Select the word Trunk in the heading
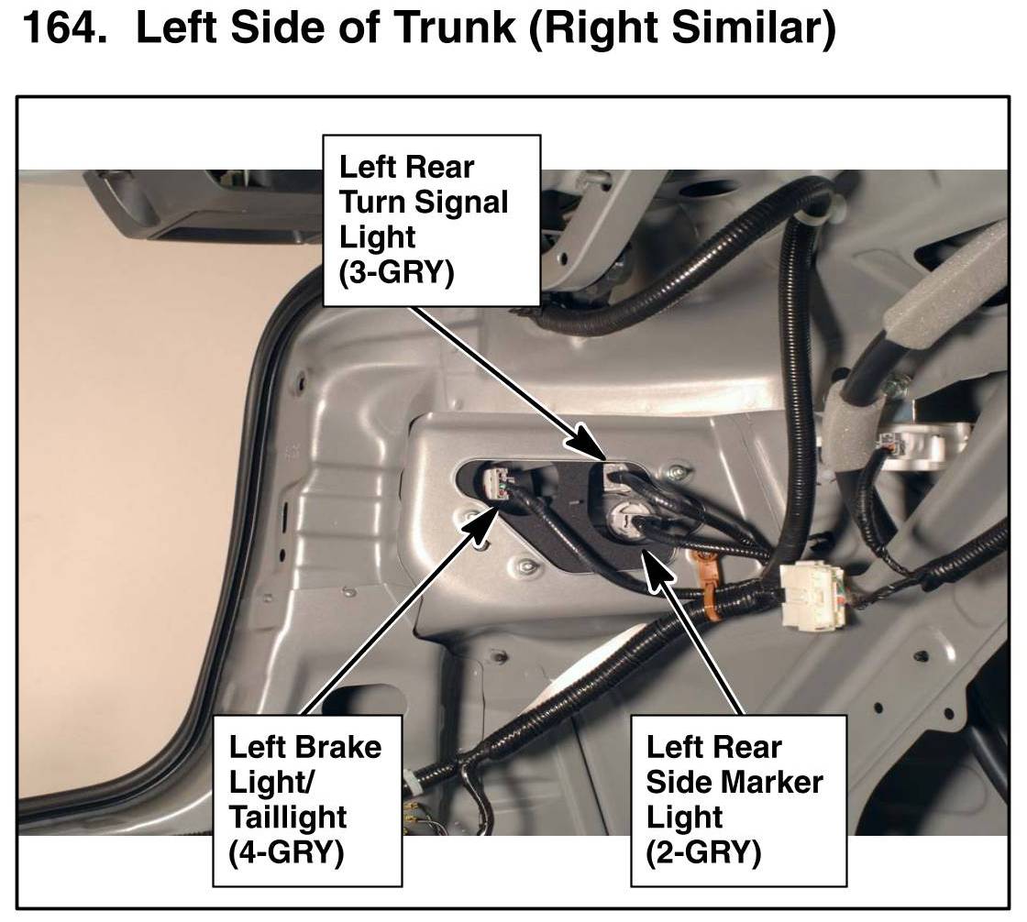coord(456,27)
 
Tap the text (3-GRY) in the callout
coord(396,272)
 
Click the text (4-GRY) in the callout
coord(286,852)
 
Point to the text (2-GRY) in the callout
coord(703,852)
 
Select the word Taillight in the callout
coord(288,818)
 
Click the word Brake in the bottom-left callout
coord(338,748)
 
